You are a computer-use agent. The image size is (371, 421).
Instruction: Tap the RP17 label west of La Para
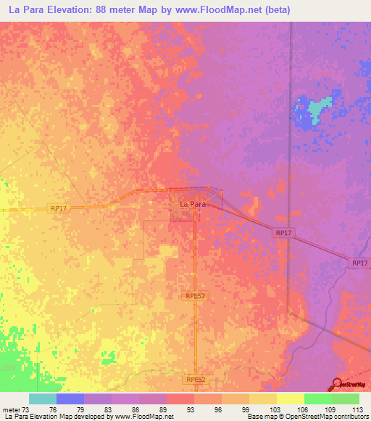[x=59, y=208]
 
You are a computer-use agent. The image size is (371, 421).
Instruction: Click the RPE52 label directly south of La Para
[x=191, y=295]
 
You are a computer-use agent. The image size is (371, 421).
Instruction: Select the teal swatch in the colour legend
[x=43, y=399]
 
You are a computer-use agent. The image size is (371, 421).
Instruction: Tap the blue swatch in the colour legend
[x=70, y=399]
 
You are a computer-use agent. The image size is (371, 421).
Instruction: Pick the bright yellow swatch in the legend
[x=290, y=399]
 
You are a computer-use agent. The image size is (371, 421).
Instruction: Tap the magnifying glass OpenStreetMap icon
[x=337, y=383]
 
